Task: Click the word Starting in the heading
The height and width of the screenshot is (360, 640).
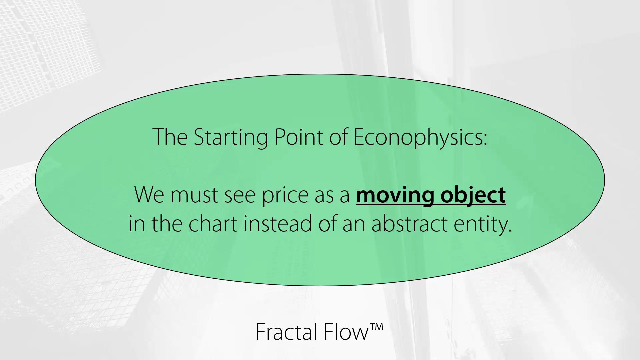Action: pyautogui.click(x=231, y=137)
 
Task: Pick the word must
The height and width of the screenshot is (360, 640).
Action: pyautogui.click(x=194, y=195)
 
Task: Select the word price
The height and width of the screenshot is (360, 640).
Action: pyautogui.click(x=285, y=196)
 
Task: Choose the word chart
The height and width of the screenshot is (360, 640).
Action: pyautogui.click(x=213, y=223)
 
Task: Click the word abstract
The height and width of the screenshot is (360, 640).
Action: pyautogui.click(x=409, y=223)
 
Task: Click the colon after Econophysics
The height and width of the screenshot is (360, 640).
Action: pyautogui.click(x=485, y=140)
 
